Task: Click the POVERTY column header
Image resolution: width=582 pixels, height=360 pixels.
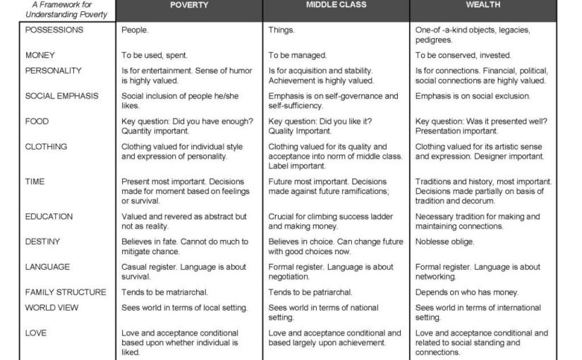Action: (x=188, y=6)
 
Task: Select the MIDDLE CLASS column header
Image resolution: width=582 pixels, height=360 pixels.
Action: (x=335, y=6)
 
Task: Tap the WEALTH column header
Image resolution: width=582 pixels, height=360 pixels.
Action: (x=483, y=6)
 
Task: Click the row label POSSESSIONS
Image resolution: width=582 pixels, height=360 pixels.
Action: (x=54, y=30)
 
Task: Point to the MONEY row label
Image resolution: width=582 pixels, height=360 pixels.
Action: (x=40, y=55)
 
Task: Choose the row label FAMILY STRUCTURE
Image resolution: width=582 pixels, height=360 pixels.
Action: (x=66, y=292)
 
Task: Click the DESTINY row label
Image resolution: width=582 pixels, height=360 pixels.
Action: (x=43, y=241)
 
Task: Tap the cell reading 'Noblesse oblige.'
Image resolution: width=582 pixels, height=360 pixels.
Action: (x=444, y=241)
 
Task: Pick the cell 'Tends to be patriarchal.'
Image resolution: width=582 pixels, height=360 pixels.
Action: (x=310, y=292)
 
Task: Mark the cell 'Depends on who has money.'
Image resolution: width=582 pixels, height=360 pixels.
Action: (x=466, y=292)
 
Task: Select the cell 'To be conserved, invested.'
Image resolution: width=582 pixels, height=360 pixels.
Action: (x=463, y=55)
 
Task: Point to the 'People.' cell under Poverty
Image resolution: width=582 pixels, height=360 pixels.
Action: (x=135, y=30)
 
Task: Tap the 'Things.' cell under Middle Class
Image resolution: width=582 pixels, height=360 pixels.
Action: (x=281, y=30)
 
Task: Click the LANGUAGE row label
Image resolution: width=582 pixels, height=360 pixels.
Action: (x=47, y=267)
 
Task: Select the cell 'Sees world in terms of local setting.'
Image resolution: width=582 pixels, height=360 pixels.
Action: (x=184, y=308)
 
